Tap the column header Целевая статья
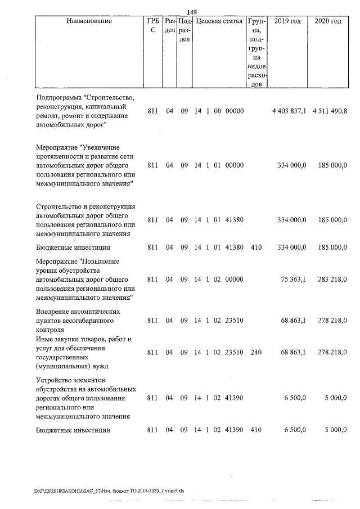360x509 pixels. pyautogui.click(x=219, y=21)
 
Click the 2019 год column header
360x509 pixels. pyautogui.click(x=287, y=21)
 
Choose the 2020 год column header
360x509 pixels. pyautogui.click(x=328, y=21)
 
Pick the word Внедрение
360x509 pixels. pyautogui.click(x=55, y=311)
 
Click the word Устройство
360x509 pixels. pyautogui.click(x=56, y=380)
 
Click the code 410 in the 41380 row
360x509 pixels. pyautogui.click(x=257, y=247)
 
